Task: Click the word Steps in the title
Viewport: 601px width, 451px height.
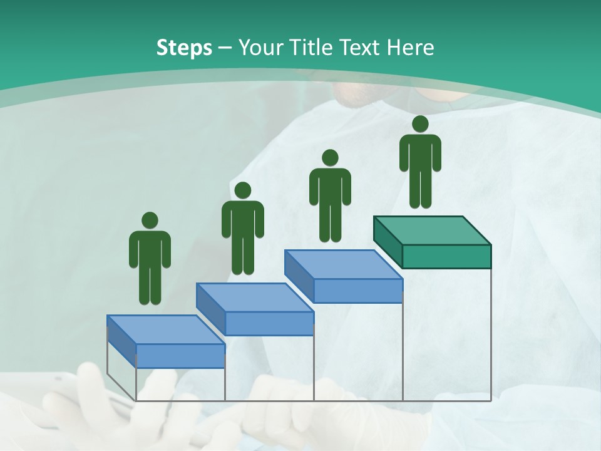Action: click(x=184, y=48)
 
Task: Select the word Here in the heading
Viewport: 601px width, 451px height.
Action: click(x=411, y=48)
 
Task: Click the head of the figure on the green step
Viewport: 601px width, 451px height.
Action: click(x=420, y=124)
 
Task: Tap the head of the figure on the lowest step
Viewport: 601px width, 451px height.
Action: click(x=150, y=220)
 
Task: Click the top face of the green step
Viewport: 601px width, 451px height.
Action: click(x=432, y=231)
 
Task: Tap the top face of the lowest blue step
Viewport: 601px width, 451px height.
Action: click(x=165, y=329)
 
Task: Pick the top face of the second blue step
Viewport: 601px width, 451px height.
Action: click(x=254, y=298)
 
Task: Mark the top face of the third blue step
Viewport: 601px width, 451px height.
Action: click(x=343, y=264)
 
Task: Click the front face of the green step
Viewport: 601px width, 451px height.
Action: click(x=446, y=256)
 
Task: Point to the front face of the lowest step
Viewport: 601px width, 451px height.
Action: click(x=180, y=356)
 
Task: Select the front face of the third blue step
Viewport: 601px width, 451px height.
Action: click(x=358, y=291)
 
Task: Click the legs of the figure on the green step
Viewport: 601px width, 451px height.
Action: click(x=420, y=188)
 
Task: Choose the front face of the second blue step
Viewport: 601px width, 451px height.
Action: click(x=269, y=323)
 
